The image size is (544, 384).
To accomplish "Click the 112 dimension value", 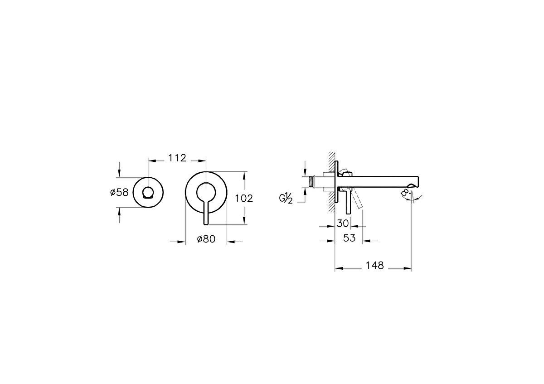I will click(x=177, y=158).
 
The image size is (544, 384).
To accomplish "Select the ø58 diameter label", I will click(x=119, y=192).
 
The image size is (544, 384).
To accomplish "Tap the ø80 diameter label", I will click(x=206, y=239).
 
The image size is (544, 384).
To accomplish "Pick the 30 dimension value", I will click(x=343, y=224).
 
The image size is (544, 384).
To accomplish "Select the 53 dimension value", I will click(x=349, y=238).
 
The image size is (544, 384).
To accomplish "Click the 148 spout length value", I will click(x=374, y=266).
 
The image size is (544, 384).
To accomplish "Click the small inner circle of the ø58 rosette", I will click(x=148, y=192).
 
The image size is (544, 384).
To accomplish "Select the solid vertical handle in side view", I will click(x=348, y=203).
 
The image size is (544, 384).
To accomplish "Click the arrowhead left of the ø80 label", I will click(x=182, y=242).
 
